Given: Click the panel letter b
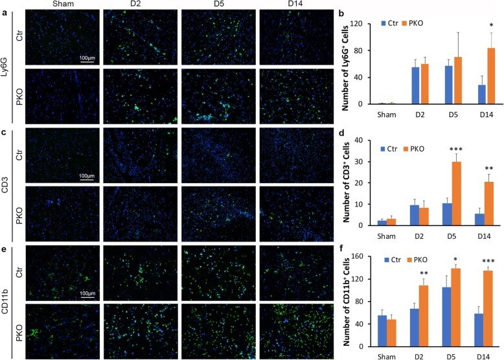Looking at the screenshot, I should click(x=338, y=12).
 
